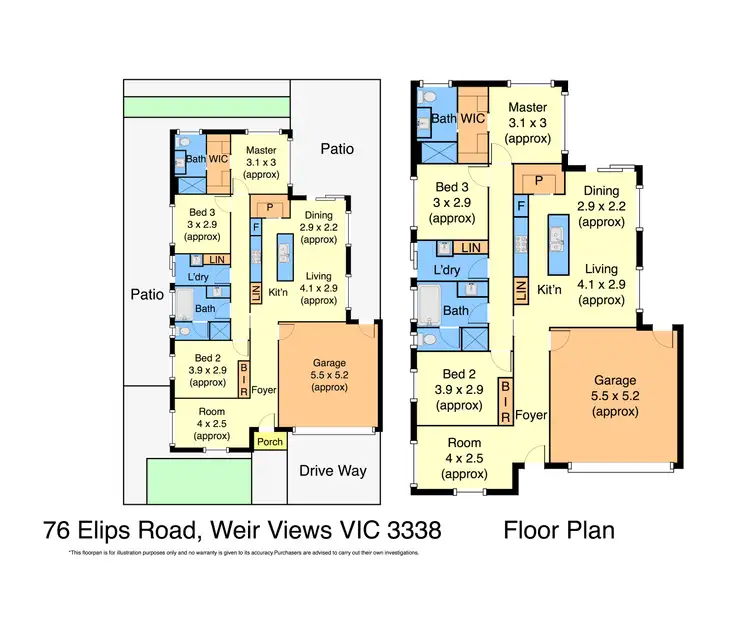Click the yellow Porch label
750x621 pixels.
coord(270,441)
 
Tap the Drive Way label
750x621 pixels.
coord(334,470)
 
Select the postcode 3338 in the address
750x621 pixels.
coord(410,529)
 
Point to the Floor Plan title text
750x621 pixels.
coord(561,529)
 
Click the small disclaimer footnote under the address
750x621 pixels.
coord(244,552)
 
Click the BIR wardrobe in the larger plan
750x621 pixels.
coord(506,399)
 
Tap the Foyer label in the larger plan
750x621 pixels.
coord(532,414)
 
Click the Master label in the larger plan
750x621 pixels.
coord(527,107)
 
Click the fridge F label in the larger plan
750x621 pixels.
coord(521,207)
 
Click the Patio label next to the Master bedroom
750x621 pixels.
coord(336,148)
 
